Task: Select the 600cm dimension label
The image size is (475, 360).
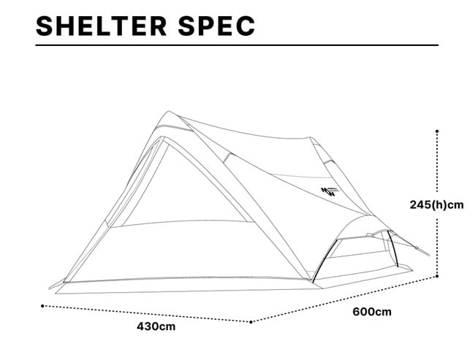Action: tap(372, 312)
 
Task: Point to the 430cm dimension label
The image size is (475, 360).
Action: tap(156, 326)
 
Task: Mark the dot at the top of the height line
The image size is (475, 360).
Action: tap(437, 131)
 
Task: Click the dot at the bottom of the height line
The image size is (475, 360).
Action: tap(437, 276)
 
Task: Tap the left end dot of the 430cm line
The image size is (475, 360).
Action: tap(42, 305)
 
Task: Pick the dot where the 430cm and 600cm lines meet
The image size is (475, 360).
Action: tap(251, 321)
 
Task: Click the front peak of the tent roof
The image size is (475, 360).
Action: tap(167, 113)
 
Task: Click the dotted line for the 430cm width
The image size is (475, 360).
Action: tap(146, 313)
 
